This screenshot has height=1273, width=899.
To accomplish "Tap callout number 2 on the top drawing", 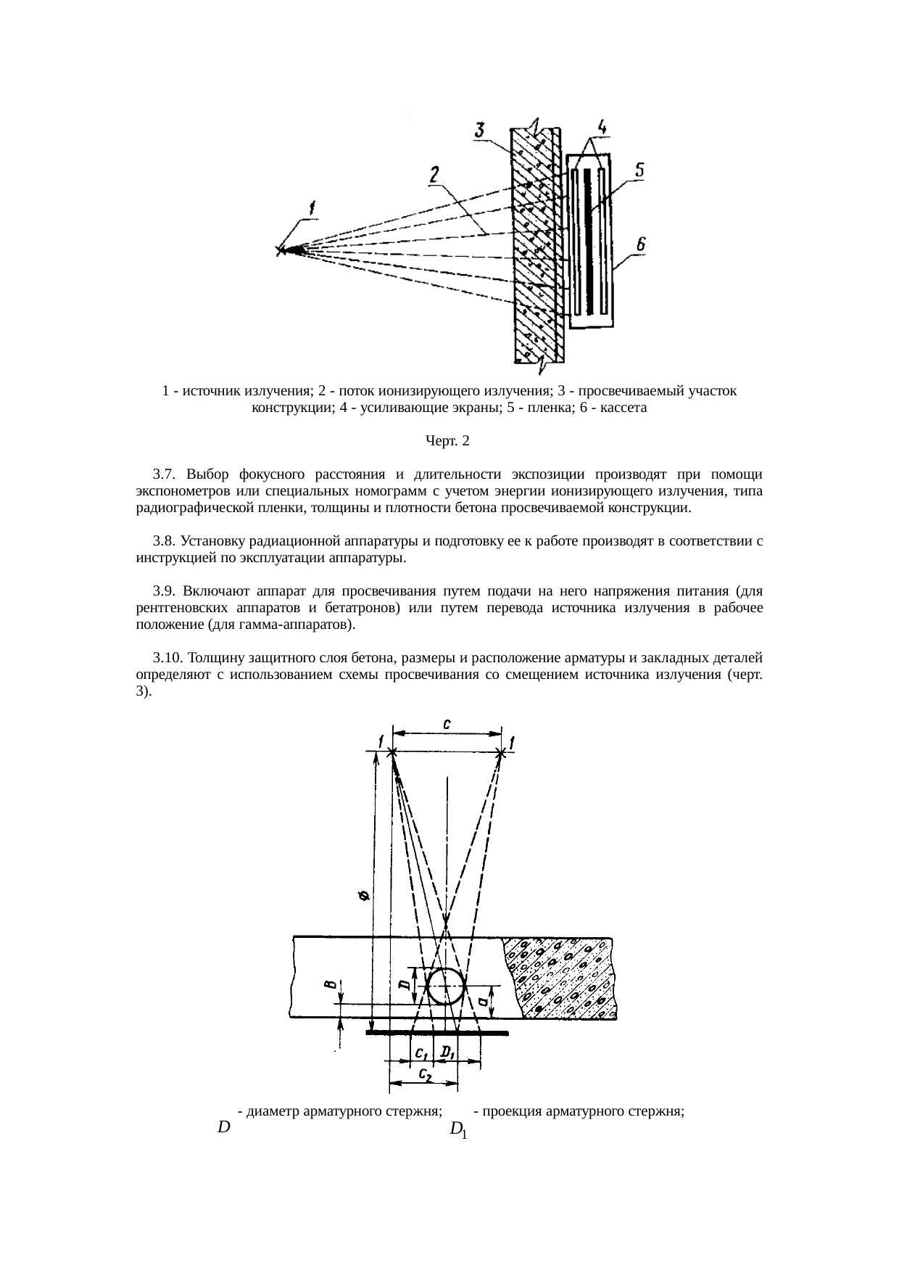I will pyautogui.click(x=434, y=176).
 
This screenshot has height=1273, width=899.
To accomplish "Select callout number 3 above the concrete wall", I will pyautogui.click(x=479, y=131).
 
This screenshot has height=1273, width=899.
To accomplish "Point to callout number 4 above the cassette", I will pyautogui.click(x=602, y=128).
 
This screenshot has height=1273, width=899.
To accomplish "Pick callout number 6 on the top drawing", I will pyautogui.click(x=640, y=246).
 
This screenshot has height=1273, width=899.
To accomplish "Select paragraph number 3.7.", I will pyautogui.click(x=165, y=475).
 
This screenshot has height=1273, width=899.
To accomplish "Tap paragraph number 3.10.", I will pyautogui.click(x=169, y=658).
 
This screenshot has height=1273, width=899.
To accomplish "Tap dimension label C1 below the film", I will pyautogui.click(x=420, y=1052).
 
